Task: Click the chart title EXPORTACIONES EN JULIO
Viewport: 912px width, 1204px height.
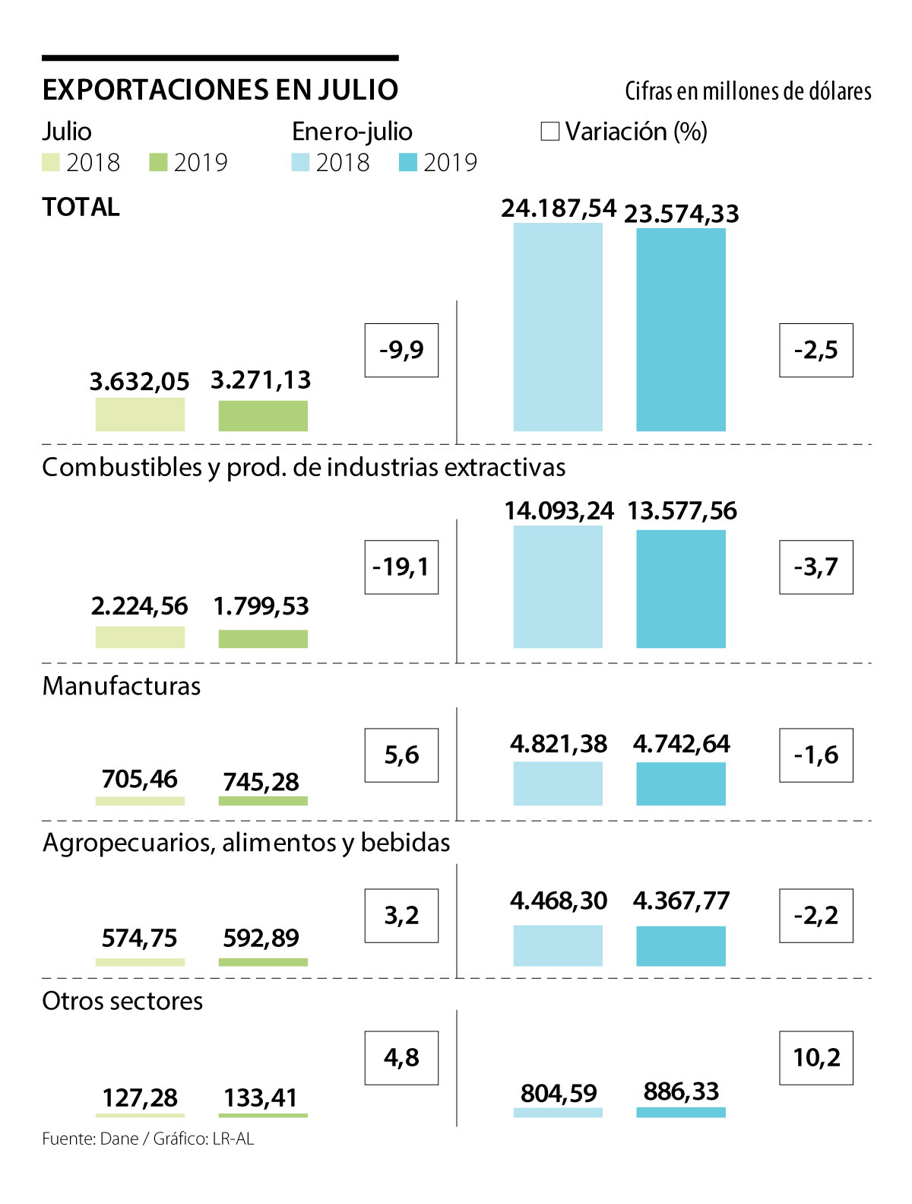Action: [x=220, y=90]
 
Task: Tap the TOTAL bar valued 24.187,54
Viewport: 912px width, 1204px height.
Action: [x=558, y=327]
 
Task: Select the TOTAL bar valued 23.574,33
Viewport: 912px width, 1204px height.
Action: [x=681, y=330]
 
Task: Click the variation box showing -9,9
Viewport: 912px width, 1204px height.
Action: [x=401, y=350]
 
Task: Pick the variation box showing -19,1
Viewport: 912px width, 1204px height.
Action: [x=401, y=567]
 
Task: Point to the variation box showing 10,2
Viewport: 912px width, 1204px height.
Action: [x=816, y=1058]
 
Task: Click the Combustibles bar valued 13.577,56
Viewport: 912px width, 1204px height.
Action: [x=681, y=589]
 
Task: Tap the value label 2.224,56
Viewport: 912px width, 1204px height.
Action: [x=140, y=606]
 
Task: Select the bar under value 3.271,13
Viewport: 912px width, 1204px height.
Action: [x=263, y=416]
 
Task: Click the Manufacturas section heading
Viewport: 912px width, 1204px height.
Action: [x=122, y=686]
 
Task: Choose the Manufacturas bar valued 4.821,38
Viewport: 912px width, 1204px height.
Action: [x=558, y=783]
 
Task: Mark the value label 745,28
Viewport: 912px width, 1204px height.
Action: [x=261, y=782]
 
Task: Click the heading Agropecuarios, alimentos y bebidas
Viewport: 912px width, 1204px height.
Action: [x=246, y=843]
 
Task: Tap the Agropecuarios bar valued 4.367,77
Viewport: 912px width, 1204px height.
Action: [x=681, y=945]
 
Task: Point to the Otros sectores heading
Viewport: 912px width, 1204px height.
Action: [x=122, y=1001]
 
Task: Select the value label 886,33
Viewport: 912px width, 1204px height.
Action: [x=681, y=1091]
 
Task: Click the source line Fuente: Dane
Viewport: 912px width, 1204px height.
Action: [x=148, y=1139]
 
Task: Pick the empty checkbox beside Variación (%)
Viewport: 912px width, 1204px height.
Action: [x=549, y=132]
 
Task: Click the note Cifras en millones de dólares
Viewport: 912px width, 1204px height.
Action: [x=748, y=91]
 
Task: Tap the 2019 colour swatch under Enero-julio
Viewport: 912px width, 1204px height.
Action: [x=408, y=163]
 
